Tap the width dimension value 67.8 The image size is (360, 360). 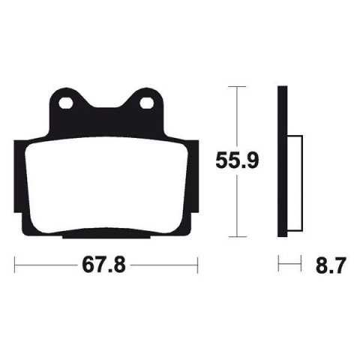coord(105,265)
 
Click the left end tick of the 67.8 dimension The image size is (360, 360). coord(14,265)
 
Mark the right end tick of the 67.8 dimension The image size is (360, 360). coord(196,265)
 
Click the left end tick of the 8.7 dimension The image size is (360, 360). coord(279,265)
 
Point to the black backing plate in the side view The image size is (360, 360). coord(282,112)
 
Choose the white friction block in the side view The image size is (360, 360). coord(295,184)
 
